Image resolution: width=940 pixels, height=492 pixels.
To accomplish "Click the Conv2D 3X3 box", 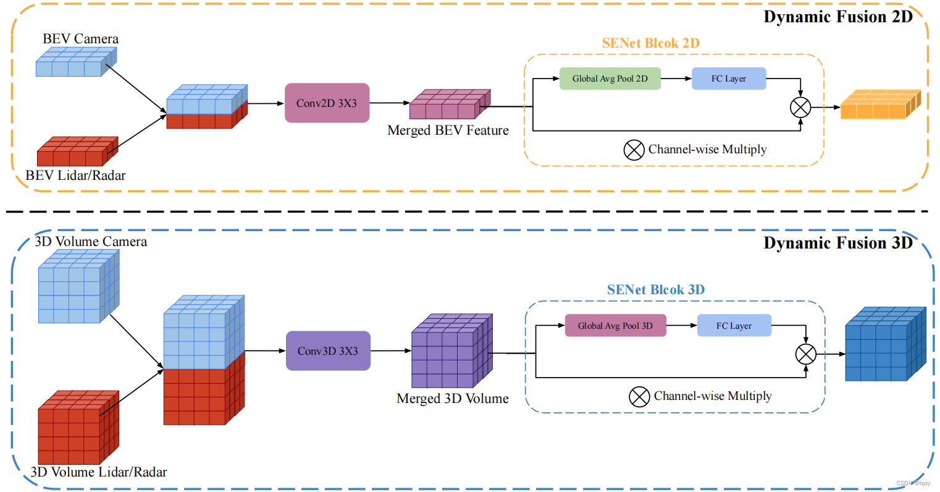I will (x=327, y=103).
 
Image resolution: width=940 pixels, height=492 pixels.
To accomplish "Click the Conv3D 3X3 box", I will (x=328, y=350).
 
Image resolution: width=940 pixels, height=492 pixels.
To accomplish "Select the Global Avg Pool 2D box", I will (x=610, y=78).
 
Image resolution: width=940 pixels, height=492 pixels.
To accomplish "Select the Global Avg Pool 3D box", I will (x=615, y=326).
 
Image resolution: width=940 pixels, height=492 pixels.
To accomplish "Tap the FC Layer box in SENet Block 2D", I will (x=729, y=78).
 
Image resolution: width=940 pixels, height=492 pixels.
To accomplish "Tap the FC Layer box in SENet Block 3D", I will (x=734, y=326).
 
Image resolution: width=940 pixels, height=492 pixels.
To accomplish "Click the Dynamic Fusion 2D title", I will (x=837, y=17).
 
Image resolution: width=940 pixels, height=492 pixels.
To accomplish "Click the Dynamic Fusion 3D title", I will (x=837, y=243).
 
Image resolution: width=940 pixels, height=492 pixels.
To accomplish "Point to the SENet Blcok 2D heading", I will (x=650, y=43).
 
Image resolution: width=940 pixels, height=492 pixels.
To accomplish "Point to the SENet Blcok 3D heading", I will (x=655, y=290).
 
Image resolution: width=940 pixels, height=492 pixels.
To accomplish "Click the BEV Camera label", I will (x=80, y=39).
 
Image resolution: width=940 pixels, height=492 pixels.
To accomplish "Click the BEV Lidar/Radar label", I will (x=75, y=176).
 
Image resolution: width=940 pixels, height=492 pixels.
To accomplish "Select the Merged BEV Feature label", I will (x=448, y=130).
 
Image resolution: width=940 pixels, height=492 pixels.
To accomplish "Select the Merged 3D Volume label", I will (x=452, y=399).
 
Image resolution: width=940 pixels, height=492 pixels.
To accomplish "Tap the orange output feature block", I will (x=880, y=105).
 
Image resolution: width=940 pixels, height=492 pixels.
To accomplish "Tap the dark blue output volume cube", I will (x=884, y=344).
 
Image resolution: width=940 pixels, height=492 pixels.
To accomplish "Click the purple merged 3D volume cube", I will (x=451, y=352).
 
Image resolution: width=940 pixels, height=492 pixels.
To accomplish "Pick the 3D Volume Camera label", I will (x=91, y=242).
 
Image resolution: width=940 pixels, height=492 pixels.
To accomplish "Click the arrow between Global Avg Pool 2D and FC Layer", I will (x=676, y=78).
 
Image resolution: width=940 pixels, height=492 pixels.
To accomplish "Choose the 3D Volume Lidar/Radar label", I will (x=99, y=472).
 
